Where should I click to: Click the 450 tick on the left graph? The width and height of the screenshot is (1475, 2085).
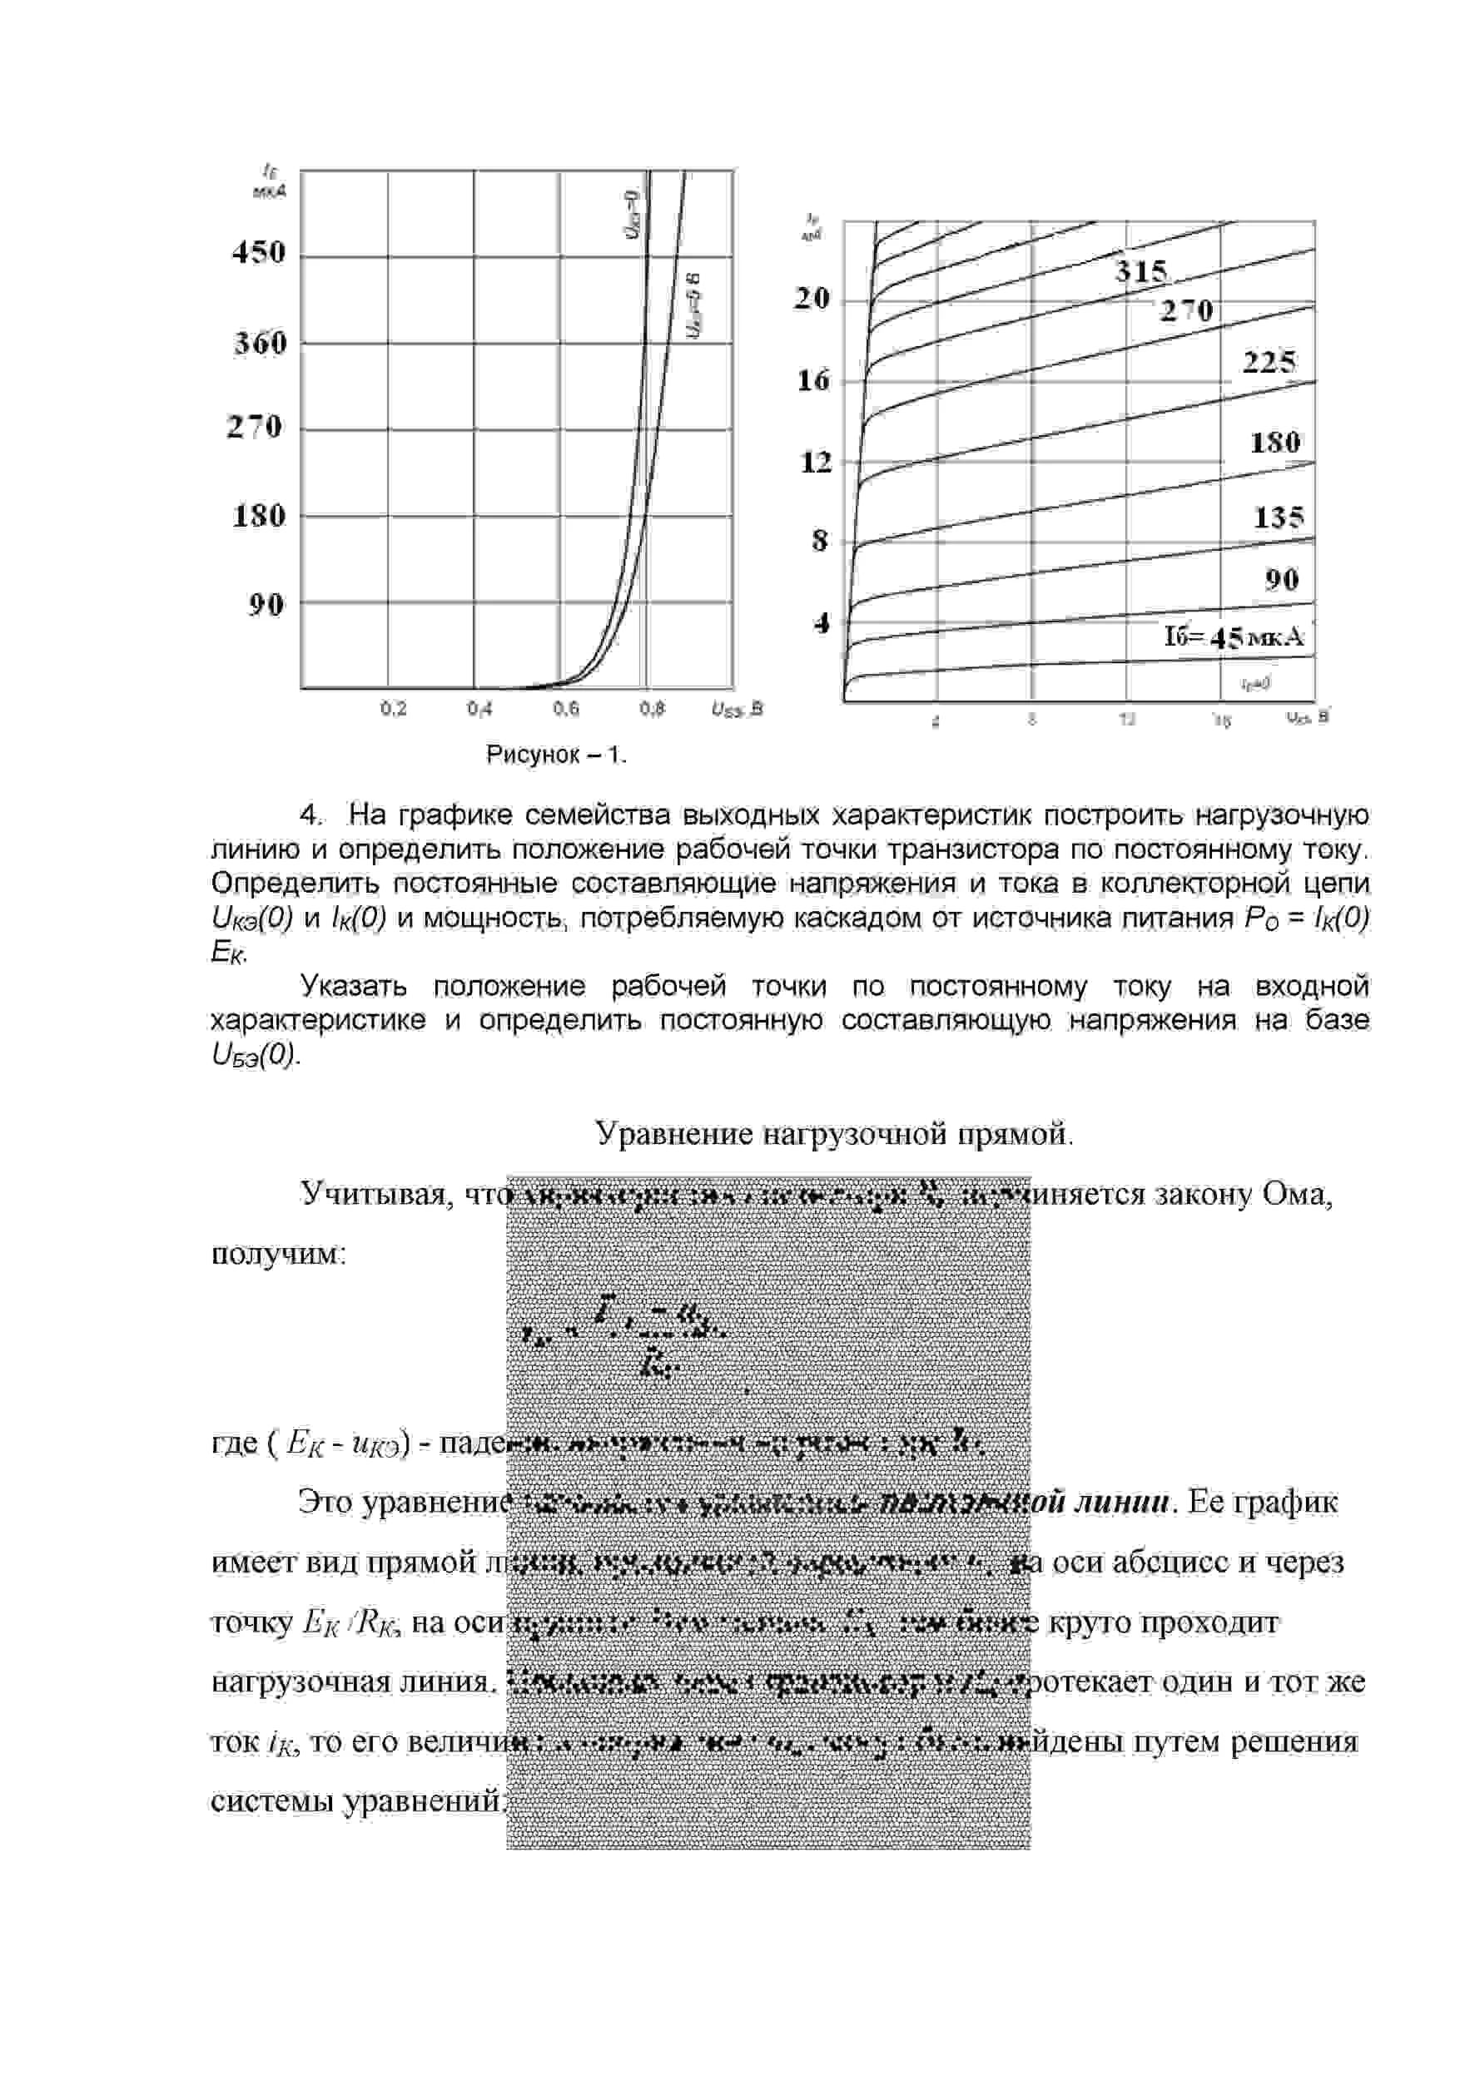259,252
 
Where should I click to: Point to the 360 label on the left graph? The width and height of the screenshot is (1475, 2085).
261,344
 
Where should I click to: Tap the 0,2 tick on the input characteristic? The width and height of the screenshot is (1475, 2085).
393,708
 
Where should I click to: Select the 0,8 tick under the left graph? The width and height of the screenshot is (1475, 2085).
652,708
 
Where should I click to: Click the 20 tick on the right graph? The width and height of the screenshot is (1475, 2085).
812,298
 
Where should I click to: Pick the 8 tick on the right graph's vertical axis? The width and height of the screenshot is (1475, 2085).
820,542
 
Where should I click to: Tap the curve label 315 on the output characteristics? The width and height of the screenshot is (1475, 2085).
1140,271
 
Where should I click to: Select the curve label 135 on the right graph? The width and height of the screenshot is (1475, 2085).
1279,518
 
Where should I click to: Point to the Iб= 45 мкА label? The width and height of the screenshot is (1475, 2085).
1234,637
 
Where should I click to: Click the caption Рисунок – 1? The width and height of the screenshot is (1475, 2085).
557,755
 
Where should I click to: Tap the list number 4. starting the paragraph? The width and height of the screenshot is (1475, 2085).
311,815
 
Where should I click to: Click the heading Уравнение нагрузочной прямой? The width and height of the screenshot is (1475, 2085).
834,1133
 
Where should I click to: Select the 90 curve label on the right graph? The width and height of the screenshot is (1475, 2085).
1282,579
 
